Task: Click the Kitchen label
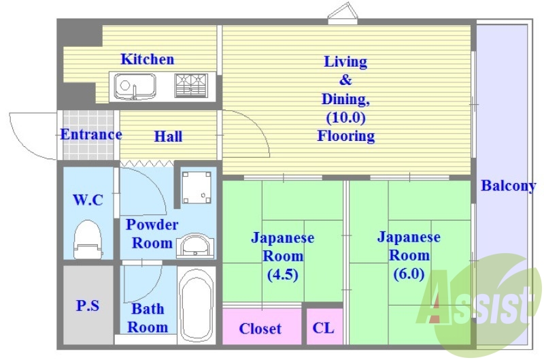point(147,59)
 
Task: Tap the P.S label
point(88,306)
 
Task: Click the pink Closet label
point(260,329)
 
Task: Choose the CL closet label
point(324,328)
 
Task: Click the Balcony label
point(509,186)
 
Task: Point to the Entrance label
point(91,134)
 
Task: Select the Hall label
point(167,137)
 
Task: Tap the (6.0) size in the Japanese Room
point(409,274)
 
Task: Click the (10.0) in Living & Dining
point(345,118)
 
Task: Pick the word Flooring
point(345,136)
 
